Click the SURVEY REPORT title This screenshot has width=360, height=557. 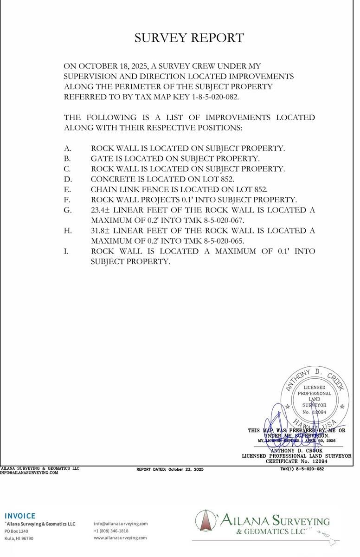(189, 38)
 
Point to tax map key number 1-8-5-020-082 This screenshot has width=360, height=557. (207, 97)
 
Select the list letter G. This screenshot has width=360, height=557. (68, 210)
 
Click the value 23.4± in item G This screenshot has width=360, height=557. (101, 210)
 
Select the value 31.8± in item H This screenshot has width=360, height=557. (101, 231)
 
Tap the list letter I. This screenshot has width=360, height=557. (66, 251)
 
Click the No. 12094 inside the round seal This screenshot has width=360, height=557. (315, 412)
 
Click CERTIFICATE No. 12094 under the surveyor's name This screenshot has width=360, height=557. (296, 461)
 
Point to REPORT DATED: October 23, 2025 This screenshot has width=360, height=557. (170, 469)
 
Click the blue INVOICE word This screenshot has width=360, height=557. (20, 516)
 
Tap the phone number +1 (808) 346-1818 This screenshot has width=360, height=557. (111, 531)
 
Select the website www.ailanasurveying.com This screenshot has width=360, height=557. (120, 538)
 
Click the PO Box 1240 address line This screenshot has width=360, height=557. (17, 531)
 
